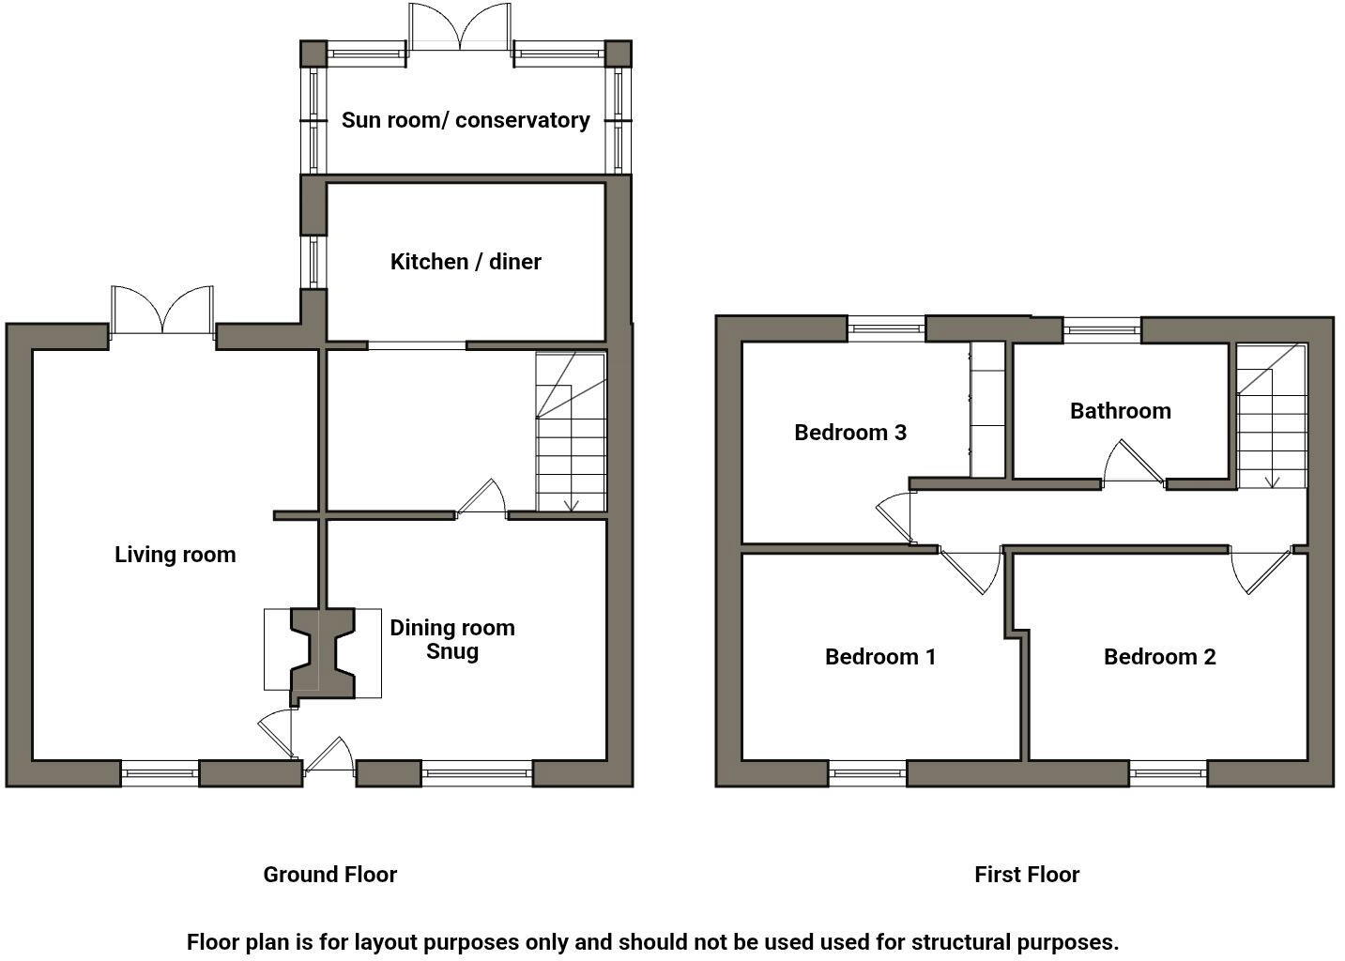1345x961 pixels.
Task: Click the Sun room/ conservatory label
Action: [x=466, y=120]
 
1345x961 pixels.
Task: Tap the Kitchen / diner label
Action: [x=466, y=261]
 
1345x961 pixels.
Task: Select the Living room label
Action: [x=175, y=555]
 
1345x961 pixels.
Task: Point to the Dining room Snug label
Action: [x=452, y=639]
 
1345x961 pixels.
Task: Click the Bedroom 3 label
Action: [x=850, y=433]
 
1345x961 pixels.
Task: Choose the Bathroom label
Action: [x=1121, y=411]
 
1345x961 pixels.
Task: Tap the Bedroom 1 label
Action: [x=880, y=657]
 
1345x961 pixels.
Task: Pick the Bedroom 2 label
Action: [x=1160, y=657]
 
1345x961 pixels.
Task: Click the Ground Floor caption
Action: [x=329, y=875]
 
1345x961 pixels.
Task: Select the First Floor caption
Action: [x=1027, y=875]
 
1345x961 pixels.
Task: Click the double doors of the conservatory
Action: [x=460, y=28]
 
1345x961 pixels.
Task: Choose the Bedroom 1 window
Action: [x=867, y=773]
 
